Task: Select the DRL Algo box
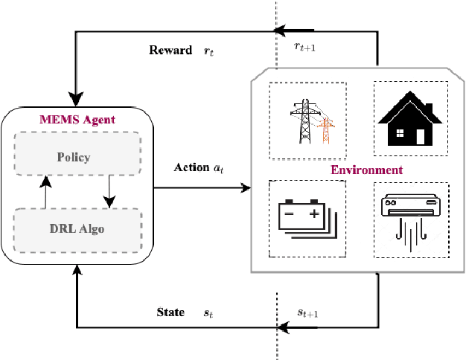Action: point(77,228)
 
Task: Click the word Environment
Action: point(367,170)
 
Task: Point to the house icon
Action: point(409,120)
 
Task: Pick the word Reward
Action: point(170,51)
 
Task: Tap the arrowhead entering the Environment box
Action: point(246,189)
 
